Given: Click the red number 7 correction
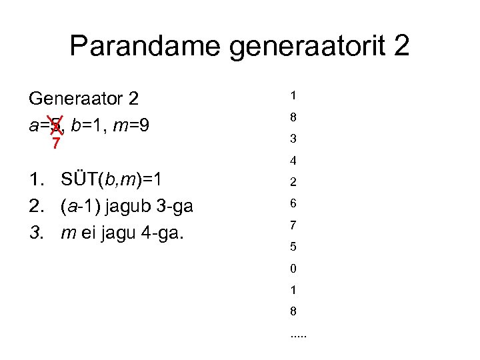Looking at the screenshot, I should coord(57,143).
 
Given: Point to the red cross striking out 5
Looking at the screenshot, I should coord(57,124).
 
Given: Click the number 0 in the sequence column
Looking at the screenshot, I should coord(293,269).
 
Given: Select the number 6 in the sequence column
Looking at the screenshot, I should coord(293,204).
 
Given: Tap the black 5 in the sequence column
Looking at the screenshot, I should coord(293,247).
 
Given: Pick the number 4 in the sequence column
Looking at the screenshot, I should coord(293,161).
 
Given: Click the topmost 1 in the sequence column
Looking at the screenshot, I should coord(293,96).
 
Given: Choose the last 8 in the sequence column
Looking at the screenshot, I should coord(293,311).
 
